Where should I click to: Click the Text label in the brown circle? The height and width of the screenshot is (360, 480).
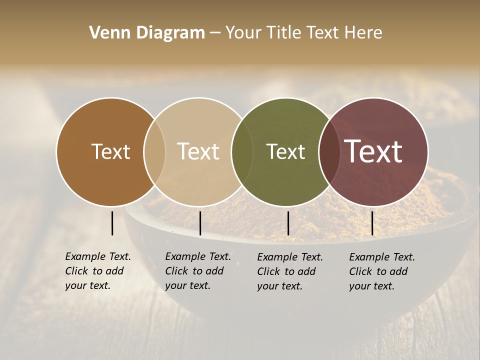[110, 151]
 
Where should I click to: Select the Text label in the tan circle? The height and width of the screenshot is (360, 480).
[198, 151]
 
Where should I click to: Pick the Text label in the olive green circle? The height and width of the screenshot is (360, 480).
[285, 151]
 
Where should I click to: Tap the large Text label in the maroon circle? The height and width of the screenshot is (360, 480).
[373, 151]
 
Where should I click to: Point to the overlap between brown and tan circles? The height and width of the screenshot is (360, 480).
[154, 152]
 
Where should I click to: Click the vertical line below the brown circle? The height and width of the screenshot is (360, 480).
[112, 223]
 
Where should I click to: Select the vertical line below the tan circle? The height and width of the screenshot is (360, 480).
[200, 223]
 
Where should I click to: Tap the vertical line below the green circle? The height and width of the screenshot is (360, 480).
[288, 223]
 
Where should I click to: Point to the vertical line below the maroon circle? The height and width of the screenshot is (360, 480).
[372, 223]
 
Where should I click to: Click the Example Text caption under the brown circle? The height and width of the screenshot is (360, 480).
[98, 271]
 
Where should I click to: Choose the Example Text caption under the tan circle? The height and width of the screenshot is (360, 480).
[198, 271]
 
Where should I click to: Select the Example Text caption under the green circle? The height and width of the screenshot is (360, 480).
[290, 271]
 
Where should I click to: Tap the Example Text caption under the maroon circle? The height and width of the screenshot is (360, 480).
[382, 271]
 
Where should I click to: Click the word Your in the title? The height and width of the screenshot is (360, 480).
[243, 33]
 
